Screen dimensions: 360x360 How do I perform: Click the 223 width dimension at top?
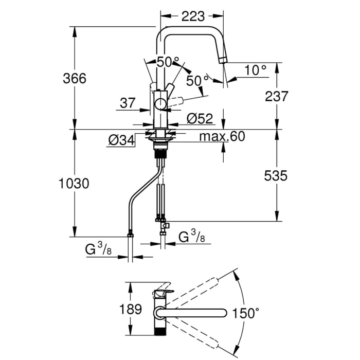coord(193,16)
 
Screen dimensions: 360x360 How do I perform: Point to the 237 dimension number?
coord(277,96)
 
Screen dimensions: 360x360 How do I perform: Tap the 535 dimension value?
coord(277,175)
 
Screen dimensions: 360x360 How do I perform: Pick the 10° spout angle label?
coord(256,70)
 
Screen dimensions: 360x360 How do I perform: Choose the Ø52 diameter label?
coord(200,119)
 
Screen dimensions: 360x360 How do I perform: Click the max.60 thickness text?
coord(222,136)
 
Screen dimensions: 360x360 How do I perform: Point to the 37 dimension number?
coord(127,103)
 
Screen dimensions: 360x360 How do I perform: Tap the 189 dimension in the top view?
coord(134,310)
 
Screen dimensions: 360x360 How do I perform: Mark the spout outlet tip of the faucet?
coord(223,60)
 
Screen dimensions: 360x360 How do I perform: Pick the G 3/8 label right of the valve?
coord(193,237)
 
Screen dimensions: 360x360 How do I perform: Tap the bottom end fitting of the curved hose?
coord(131,237)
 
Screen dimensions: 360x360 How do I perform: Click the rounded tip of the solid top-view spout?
coord(224,313)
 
